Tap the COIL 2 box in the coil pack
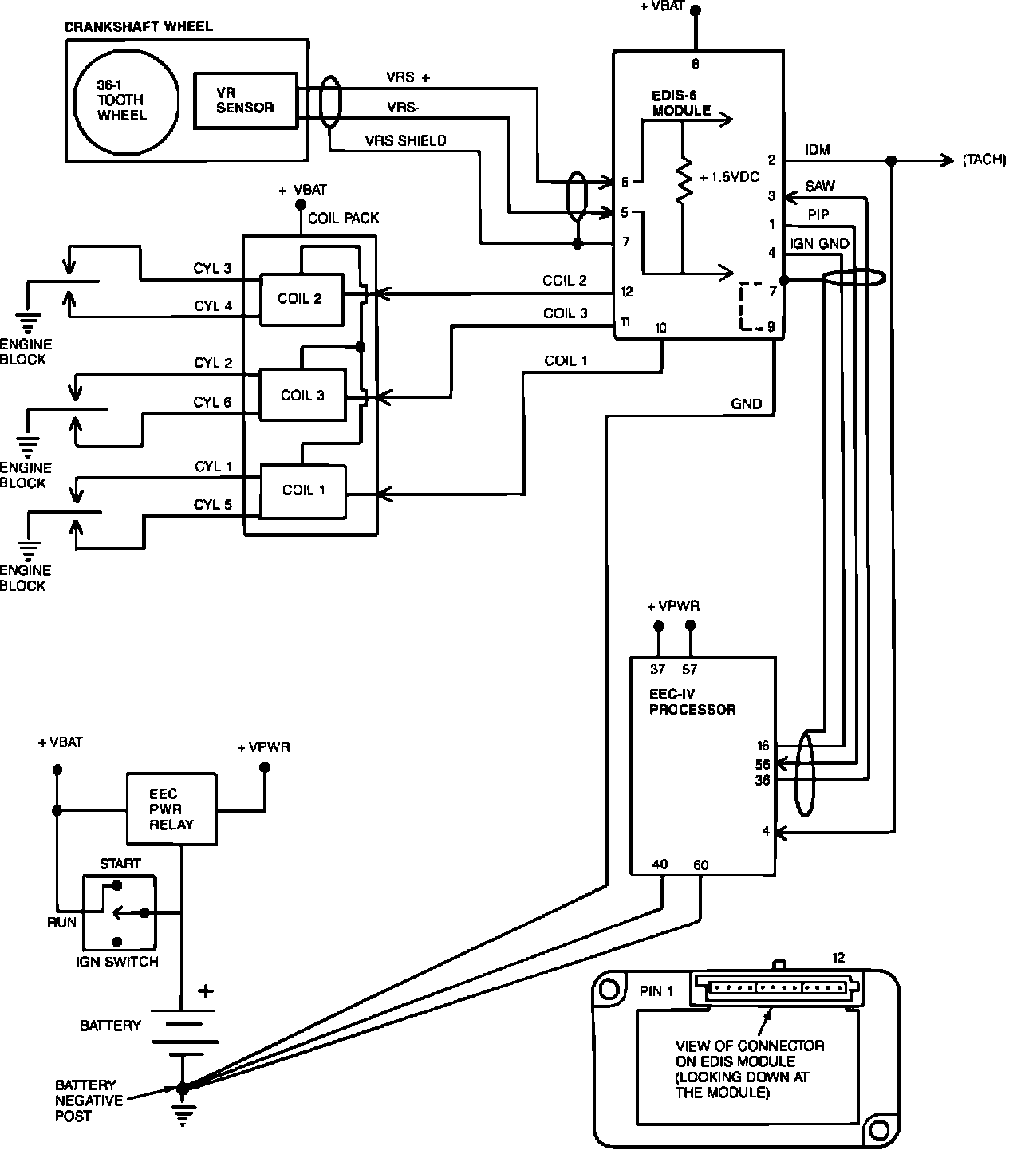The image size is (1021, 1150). (301, 299)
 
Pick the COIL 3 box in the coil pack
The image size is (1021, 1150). (302, 395)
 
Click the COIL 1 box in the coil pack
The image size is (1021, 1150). (303, 490)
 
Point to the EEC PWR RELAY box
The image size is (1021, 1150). (171, 809)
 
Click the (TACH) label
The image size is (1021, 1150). (984, 160)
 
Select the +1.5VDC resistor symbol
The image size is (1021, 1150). (683, 179)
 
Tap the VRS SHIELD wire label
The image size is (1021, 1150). (405, 141)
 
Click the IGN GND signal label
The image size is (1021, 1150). (819, 243)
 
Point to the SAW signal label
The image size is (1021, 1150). (820, 186)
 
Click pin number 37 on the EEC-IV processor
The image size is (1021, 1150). (657, 669)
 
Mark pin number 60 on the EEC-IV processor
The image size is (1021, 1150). (700, 864)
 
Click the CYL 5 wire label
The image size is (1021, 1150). (212, 505)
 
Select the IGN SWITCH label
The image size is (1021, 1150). (117, 962)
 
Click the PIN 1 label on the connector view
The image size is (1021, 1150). (656, 991)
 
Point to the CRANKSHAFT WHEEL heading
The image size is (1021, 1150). (138, 26)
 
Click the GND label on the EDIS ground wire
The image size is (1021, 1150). (746, 404)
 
